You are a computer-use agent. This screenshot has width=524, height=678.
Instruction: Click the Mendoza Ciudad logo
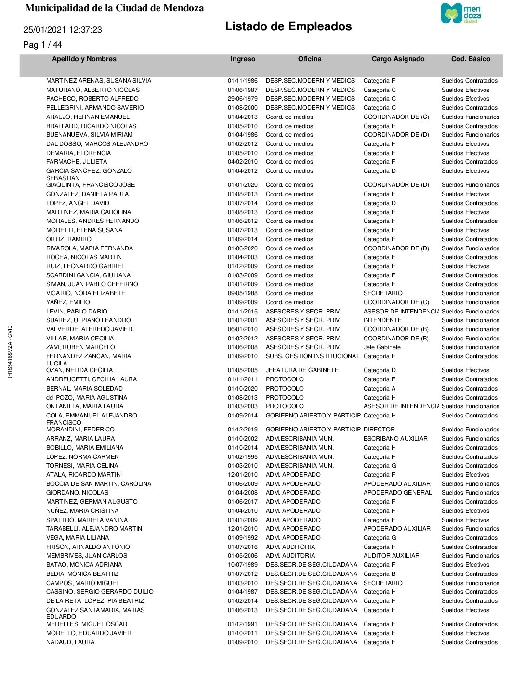(x=461, y=13)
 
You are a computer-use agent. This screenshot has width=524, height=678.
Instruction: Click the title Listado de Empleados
(x=288, y=26)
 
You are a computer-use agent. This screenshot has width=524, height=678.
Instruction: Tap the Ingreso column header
(x=243, y=59)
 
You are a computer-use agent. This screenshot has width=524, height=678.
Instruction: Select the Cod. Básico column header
(x=471, y=59)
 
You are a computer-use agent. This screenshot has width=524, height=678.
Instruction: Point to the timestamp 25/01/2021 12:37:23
(x=63, y=30)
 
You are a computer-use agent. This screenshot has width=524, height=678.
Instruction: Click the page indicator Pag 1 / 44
(x=42, y=45)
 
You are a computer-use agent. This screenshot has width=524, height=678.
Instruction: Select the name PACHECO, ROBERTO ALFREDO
(x=92, y=99)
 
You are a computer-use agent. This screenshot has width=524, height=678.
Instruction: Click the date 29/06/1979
(x=242, y=99)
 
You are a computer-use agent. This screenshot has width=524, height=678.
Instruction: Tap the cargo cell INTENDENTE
(x=382, y=320)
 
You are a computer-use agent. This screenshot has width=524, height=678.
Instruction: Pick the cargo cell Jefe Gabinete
(x=382, y=347)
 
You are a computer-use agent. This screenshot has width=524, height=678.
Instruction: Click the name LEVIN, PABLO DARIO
(x=77, y=312)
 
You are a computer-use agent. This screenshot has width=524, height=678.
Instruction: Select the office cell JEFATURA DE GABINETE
(x=302, y=370)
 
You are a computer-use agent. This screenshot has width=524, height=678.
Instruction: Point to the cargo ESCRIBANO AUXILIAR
(x=395, y=439)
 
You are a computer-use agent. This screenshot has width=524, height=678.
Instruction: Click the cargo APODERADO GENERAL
(x=397, y=493)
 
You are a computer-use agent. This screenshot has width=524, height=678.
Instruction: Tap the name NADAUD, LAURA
(x=70, y=642)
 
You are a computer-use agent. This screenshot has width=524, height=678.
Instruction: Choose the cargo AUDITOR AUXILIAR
(x=391, y=556)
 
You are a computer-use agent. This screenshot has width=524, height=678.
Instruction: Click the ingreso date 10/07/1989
(x=242, y=565)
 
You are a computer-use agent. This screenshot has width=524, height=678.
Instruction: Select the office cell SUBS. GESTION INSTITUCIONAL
(x=312, y=356)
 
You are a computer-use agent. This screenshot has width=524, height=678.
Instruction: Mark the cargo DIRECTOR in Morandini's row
(x=379, y=430)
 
